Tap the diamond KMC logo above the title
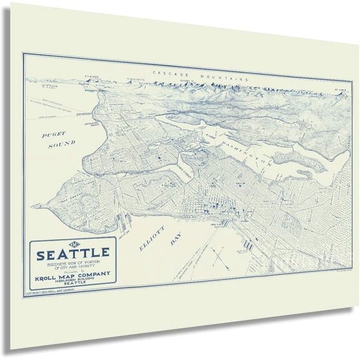tap(72, 243)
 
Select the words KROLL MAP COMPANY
tap(74, 273)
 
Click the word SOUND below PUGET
tap(62, 143)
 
